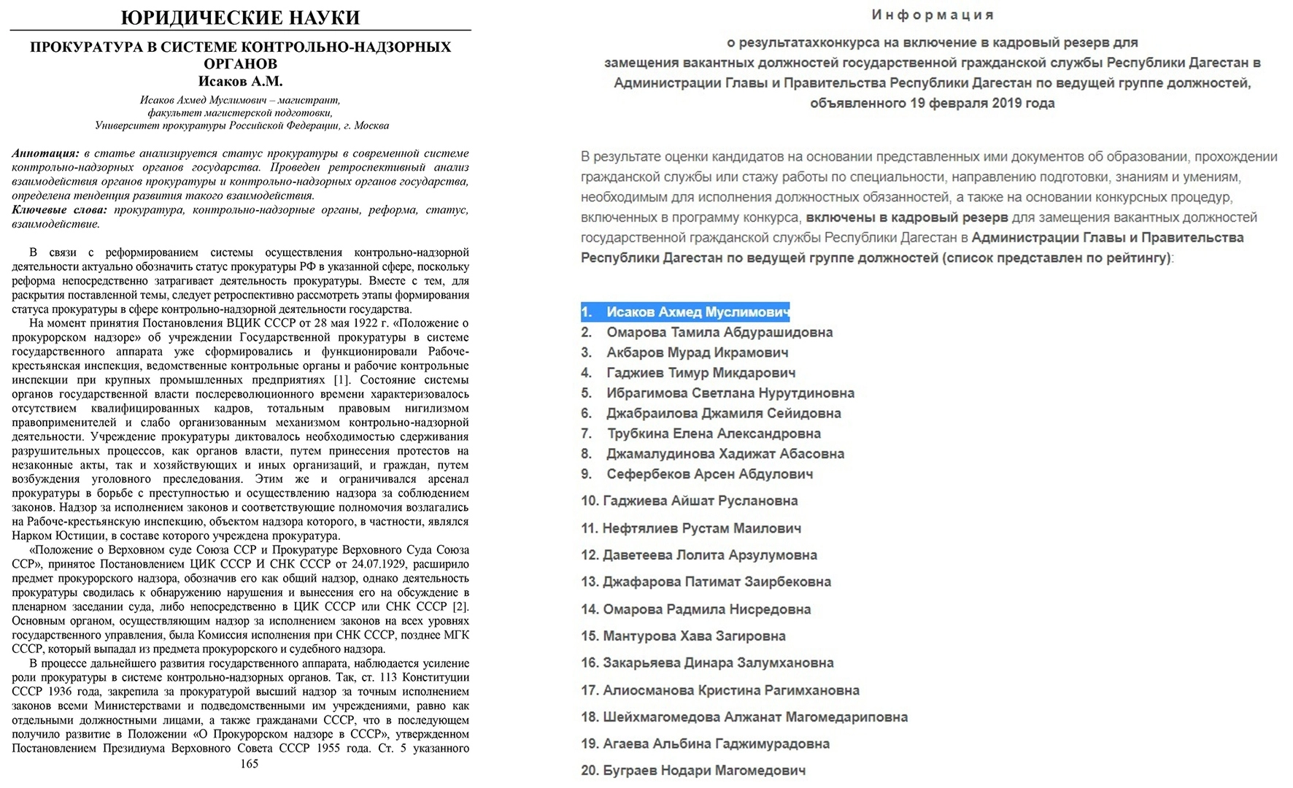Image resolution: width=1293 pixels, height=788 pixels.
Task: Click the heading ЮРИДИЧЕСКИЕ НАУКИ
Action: coord(240,17)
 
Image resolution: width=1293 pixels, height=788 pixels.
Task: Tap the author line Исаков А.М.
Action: coord(240,81)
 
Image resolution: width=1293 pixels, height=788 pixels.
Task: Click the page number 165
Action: coord(250,764)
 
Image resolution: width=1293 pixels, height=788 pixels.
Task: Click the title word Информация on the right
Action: coord(933,15)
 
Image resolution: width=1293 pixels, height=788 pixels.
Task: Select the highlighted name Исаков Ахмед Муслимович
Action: coord(698,312)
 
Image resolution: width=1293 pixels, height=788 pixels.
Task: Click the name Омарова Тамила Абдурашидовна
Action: coord(719,332)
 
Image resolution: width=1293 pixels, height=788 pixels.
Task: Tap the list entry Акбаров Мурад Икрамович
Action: coord(697,352)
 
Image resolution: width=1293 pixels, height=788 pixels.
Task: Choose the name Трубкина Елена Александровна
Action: coord(714,433)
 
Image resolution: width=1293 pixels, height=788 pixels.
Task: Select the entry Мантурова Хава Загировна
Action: coord(694,636)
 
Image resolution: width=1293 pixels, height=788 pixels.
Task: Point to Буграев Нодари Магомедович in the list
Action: coord(704,770)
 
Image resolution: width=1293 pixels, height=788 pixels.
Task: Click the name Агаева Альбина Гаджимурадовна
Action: coord(716,744)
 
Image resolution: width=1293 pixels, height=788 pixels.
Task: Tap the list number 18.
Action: coord(590,717)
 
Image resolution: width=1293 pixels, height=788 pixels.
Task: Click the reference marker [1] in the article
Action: coord(341,380)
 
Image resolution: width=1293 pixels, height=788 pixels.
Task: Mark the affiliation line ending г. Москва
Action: coord(242,125)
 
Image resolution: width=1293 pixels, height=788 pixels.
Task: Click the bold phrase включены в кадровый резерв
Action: coord(906,217)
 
